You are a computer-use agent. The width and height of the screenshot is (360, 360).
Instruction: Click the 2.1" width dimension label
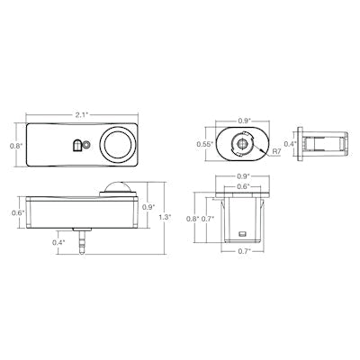point(81,115)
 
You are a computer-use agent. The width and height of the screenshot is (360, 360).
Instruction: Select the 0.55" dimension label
point(205,144)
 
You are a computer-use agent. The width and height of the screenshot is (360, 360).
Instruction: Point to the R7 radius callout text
point(276,151)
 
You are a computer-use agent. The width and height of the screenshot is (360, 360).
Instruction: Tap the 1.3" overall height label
point(165,217)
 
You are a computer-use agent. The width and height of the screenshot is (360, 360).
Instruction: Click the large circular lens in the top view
point(118,144)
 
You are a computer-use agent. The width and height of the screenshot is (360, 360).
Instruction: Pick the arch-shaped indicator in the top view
point(77,145)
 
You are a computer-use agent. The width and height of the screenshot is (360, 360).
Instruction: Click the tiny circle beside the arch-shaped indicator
point(86,145)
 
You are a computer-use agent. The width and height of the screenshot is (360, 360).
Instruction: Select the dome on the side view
point(117,187)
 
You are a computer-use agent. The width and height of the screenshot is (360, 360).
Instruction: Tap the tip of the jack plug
point(81,253)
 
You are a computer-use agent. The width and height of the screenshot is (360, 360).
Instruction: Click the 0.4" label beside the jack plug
point(58,243)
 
